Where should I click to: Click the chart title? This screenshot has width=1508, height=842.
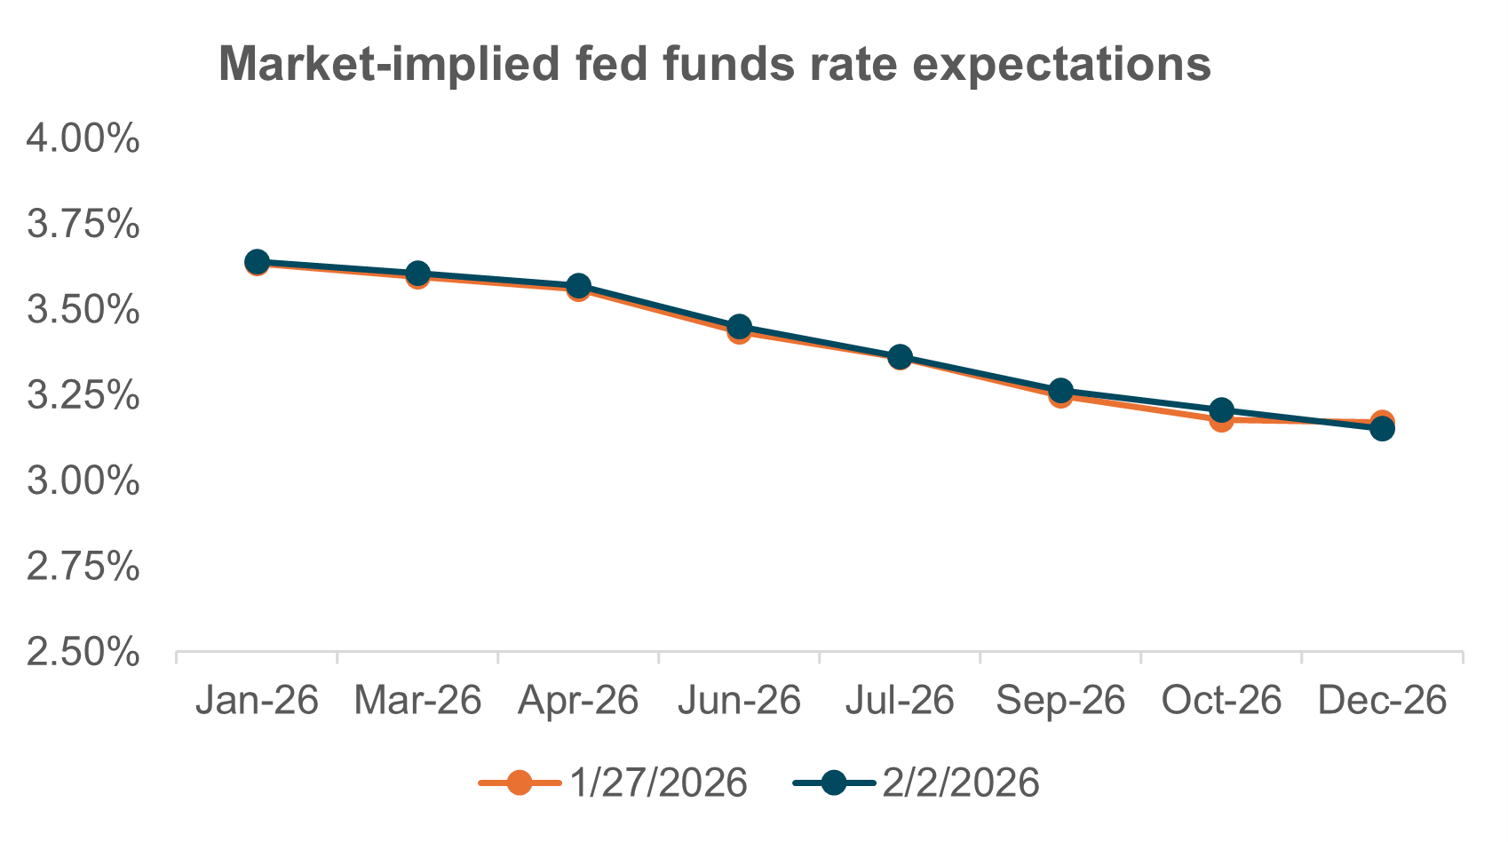coord(715,64)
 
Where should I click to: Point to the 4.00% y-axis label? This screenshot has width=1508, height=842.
coord(83,139)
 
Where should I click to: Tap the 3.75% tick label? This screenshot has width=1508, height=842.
coord(83,225)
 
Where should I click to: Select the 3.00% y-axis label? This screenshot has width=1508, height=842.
coord(83,482)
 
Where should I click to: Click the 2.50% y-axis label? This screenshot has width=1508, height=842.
coord(83,653)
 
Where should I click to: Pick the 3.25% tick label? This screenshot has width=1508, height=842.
coord(83,396)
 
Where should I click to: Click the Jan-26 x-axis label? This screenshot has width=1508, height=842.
coord(257,701)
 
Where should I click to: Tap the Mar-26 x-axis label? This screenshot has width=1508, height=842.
coord(417,701)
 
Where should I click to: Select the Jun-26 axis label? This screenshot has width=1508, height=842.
coord(739,701)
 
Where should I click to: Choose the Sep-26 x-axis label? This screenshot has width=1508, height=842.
coord(1060,701)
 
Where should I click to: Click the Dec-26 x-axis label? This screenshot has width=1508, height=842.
coord(1382,701)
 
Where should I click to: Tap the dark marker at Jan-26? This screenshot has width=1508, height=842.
coord(257,262)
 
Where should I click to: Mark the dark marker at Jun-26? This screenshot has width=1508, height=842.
coord(739,327)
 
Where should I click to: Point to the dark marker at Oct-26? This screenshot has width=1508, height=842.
coord(1221,410)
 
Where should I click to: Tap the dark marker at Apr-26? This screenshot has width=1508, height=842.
coord(578,286)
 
